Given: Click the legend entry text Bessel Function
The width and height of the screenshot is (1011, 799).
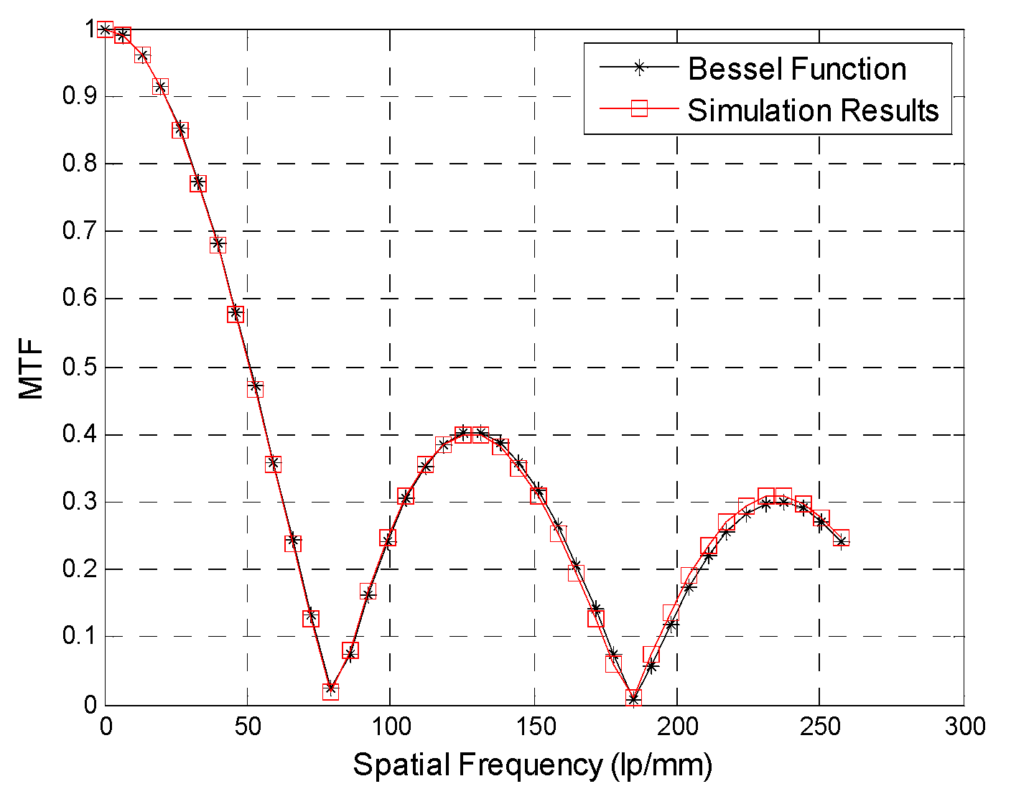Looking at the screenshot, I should click(x=797, y=69).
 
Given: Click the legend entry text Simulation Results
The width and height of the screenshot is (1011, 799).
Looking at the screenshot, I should click(x=813, y=110).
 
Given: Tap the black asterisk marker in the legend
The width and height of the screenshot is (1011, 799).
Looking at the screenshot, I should click(x=638, y=67).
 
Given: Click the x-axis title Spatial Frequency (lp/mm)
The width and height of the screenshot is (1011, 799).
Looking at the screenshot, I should click(x=532, y=765).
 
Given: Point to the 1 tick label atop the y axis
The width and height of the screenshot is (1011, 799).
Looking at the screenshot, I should click(x=91, y=29).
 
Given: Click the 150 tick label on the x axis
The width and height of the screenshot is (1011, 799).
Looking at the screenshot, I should click(x=534, y=726).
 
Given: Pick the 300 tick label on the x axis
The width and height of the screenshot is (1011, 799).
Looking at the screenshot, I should click(x=964, y=726).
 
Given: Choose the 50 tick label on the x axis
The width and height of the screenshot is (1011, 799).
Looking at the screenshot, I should click(x=248, y=726).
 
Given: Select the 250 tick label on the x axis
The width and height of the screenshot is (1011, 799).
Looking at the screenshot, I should click(x=821, y=726).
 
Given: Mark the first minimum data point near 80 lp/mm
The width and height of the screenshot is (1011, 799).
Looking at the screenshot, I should click(x=330, y=691).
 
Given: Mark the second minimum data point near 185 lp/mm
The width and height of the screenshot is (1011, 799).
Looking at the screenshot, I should click(x=633, y=698).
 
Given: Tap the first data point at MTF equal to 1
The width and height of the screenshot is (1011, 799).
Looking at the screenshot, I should click(x=106, y=29).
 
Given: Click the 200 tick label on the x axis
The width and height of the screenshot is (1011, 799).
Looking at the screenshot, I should click(x=677, y=726).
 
